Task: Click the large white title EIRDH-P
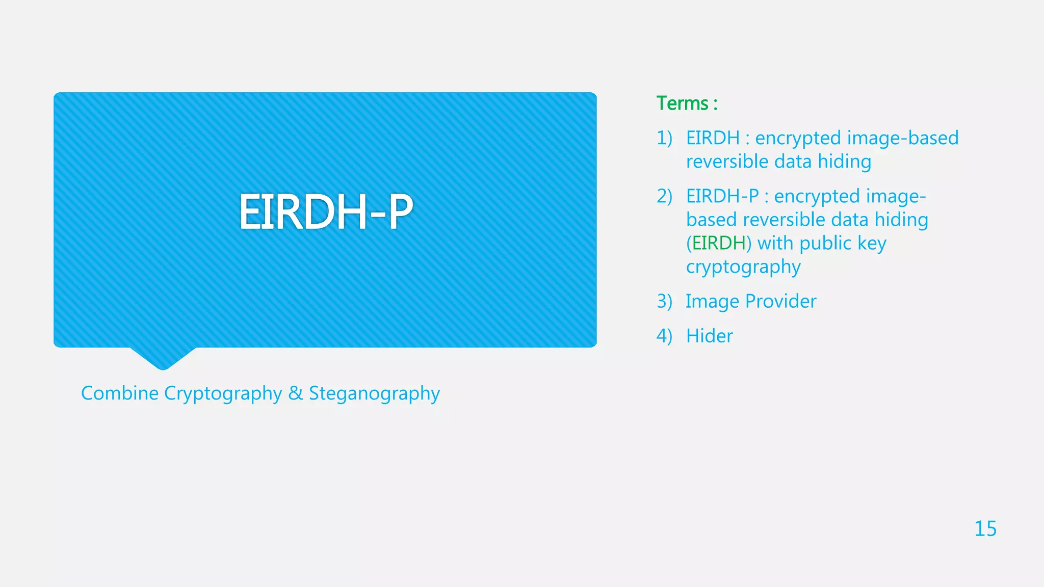point(326,212)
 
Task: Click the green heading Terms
point(682,103)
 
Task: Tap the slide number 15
point(985,529)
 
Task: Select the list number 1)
point(664,138)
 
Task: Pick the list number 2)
point(664,196)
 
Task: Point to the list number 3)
point(664,301)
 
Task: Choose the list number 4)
point(664,336)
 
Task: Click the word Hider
point(709,336)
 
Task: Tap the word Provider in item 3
point(780,301)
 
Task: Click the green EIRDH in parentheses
point(719,243)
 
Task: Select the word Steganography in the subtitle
point(374,393)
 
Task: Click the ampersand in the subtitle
point(295,393)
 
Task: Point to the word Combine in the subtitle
point(120,393)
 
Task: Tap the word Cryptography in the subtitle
point(223,393)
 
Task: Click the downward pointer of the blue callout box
point(163,359)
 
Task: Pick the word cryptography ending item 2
point(743,267)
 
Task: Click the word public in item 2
point(825,244)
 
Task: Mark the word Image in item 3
point(712,301)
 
